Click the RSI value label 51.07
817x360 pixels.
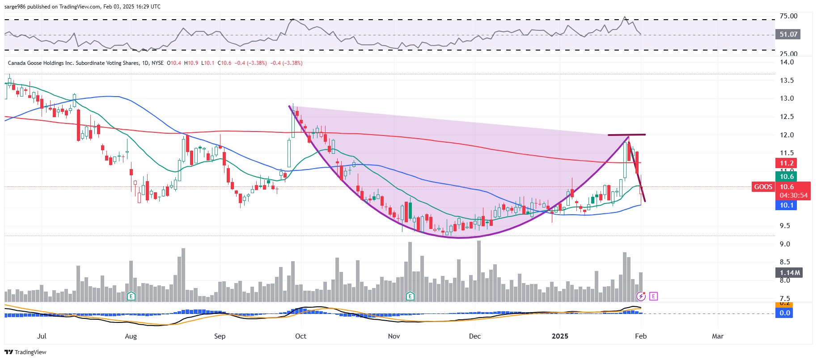click(788, 34)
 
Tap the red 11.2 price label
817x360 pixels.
click(787, 163)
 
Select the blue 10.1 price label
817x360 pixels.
click(787, 205)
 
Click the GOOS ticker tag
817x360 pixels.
click(763, 187)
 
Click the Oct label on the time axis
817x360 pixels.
click(301, 336)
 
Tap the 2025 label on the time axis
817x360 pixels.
click(560, 336)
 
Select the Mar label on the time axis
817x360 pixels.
click(717, 336)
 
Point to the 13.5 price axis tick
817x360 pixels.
click(787, 80)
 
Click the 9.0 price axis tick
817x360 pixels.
click(785, 244)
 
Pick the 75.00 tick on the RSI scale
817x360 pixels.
click(788, 16)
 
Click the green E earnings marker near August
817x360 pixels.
click(131, 296)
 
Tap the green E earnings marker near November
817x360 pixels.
click(410, 296)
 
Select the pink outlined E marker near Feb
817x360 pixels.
click(653, 296)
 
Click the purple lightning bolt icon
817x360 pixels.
click(641, 296)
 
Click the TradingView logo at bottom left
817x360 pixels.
click(25, 352)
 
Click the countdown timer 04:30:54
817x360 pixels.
click(793, 195)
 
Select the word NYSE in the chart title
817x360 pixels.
click(157, 63)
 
